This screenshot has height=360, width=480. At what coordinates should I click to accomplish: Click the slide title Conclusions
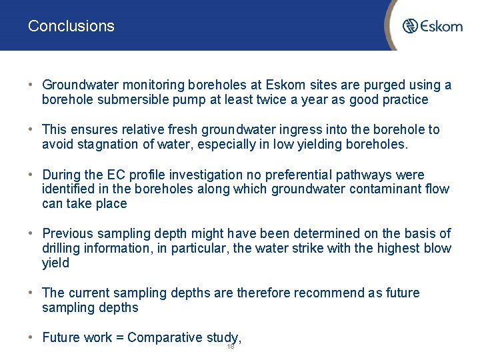[x=71, y=26]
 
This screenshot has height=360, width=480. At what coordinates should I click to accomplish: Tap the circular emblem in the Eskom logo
[x=411, y=26]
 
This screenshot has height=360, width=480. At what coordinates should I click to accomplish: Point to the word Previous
[x=68, y=233]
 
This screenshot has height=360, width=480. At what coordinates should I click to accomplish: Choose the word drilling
[x=61, y=248]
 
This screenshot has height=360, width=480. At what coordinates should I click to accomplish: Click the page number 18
[x=231, y=347]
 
